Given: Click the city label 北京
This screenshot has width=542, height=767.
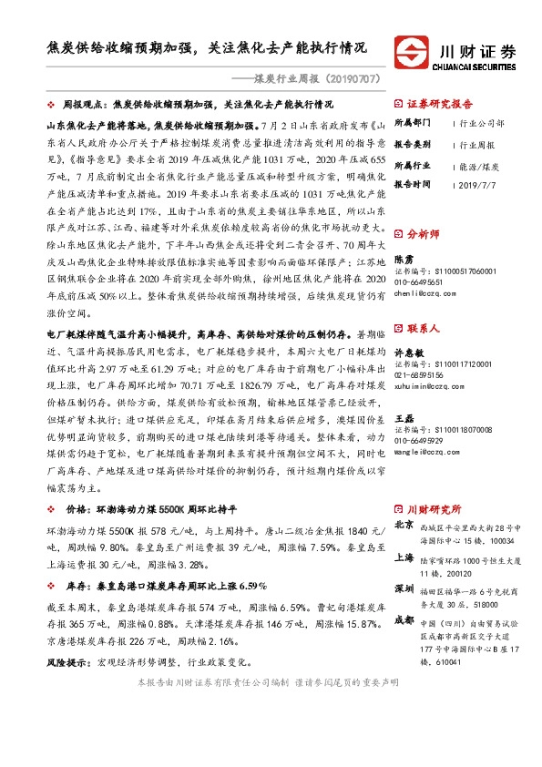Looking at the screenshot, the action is (404, 526).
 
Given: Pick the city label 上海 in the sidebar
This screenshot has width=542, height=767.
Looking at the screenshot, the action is (404, 557).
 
